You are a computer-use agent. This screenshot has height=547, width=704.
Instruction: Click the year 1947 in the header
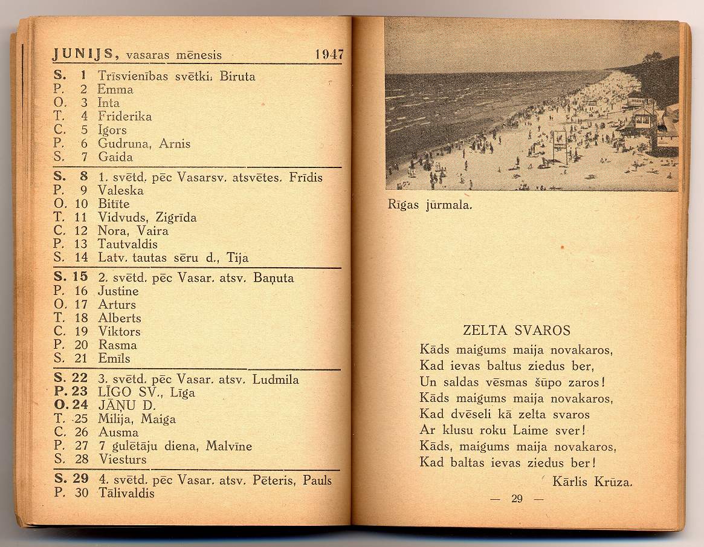click(x=329, y=54)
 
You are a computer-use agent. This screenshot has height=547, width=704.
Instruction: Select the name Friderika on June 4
click(x=124, y=116)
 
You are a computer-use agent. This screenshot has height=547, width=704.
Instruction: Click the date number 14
click(x=82, y=257)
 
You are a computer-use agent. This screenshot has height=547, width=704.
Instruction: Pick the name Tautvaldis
click(x=128, y=244)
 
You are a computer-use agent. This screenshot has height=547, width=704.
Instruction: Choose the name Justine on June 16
click(x=118, y=291)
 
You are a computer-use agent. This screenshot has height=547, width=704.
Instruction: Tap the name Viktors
click(x=119, y=331)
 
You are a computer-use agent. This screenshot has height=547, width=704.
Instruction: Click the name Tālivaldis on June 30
click(x=126, y=493)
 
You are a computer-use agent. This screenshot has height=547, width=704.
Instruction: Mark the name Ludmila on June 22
click(x=276, y=380)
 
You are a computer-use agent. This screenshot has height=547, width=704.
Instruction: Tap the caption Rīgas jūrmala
click(x=429, y=204)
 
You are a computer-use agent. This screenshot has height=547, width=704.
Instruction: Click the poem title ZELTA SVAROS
click(x=517, y=331)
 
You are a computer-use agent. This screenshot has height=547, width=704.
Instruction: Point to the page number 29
click(x=517, y=499)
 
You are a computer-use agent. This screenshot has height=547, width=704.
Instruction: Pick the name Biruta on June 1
click(x=237, y=76)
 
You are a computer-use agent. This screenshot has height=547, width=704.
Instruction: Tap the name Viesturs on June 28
click(x=122, y=459)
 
